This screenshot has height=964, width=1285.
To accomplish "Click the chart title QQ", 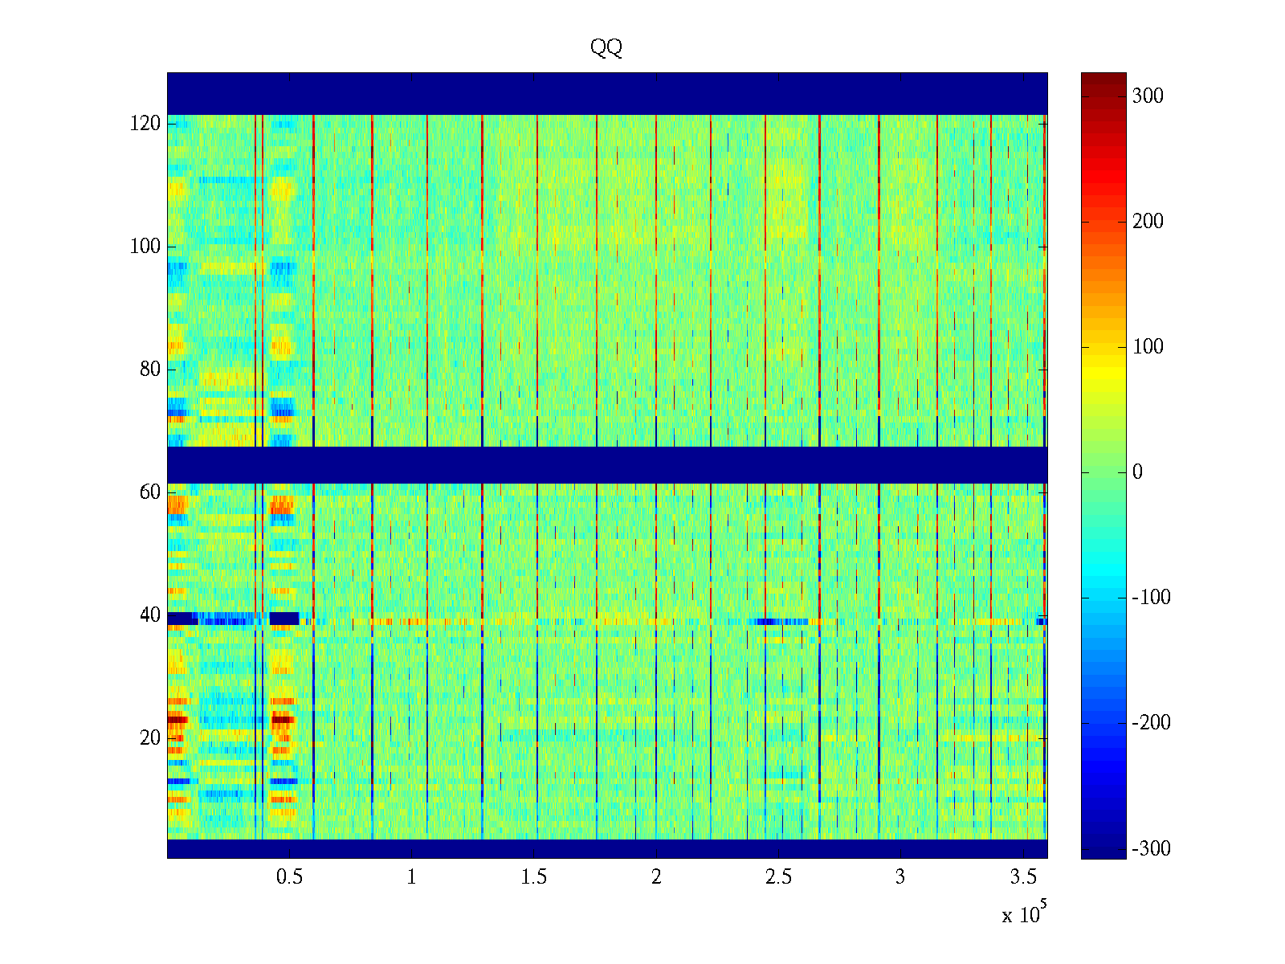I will (606, 48).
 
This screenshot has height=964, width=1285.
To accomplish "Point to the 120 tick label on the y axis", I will (145, 124).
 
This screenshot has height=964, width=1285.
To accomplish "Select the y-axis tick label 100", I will (145, 247).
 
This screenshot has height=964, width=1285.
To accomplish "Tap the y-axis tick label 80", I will (150, 370).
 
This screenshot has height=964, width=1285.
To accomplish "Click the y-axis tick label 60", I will (150, 492).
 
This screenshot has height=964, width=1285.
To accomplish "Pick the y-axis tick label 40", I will (150, 615).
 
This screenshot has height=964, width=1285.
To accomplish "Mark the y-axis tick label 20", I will (150, 737).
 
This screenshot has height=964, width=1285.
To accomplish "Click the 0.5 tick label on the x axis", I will (289, 877).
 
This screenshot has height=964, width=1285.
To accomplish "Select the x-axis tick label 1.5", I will (534, 877).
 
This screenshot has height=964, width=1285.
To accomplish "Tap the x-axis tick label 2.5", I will (778, 877).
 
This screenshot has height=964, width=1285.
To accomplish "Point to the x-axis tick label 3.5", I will (1023, 877).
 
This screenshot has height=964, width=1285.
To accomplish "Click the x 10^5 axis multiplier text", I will (1024, 914).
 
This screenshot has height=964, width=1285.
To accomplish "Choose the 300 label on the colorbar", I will (1148, 96).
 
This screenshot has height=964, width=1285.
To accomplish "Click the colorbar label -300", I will (1151, 848).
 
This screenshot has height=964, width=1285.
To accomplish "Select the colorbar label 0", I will (1137, 472).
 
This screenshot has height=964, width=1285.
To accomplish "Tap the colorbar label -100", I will (1151, 598).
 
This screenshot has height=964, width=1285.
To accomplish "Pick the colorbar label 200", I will (1148, 222).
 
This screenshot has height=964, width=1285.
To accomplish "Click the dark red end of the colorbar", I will (1103, 78).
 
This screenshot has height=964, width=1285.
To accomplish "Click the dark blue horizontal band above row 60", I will (607, 464).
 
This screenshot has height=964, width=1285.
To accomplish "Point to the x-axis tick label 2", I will (656, 877).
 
